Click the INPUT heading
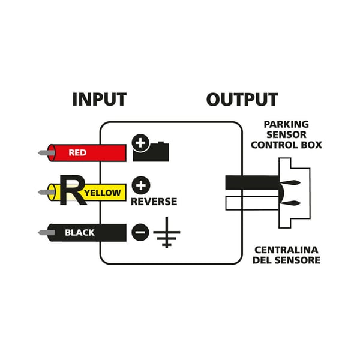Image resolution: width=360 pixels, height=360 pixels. tap(100, 100)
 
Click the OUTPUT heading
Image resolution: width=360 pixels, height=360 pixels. tap(242, 100)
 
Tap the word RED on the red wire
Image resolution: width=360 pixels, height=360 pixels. tap(77, 152)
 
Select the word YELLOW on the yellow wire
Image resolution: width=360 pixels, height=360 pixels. tap(103, 193)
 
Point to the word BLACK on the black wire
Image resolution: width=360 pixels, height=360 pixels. tap(80, 233)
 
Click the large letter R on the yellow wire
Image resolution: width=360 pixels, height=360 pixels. tap(73, 190)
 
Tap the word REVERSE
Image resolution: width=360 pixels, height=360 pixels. tap(154, 202)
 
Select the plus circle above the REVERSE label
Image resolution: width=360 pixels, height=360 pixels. tap(141, 185)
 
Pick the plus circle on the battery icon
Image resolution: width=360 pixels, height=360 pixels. tap(140, 143)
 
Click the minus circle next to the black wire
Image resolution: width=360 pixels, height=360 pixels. tap(140, 232)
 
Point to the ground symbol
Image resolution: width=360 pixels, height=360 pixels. tap(167, 232)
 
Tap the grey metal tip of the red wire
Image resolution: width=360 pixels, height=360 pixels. tap(46, 152)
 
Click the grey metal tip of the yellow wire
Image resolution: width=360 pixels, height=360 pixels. tap(46, 192)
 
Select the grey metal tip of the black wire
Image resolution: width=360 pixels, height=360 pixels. tap(46, 233)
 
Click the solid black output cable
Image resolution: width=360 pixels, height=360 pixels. tap(252, 182)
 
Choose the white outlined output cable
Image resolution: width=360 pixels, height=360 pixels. tap(252, 203)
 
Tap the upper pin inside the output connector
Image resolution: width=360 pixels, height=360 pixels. tap(290, 183)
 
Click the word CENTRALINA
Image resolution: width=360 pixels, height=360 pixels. tap(286, 250)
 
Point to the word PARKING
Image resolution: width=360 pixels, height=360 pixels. tap(286, 124)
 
